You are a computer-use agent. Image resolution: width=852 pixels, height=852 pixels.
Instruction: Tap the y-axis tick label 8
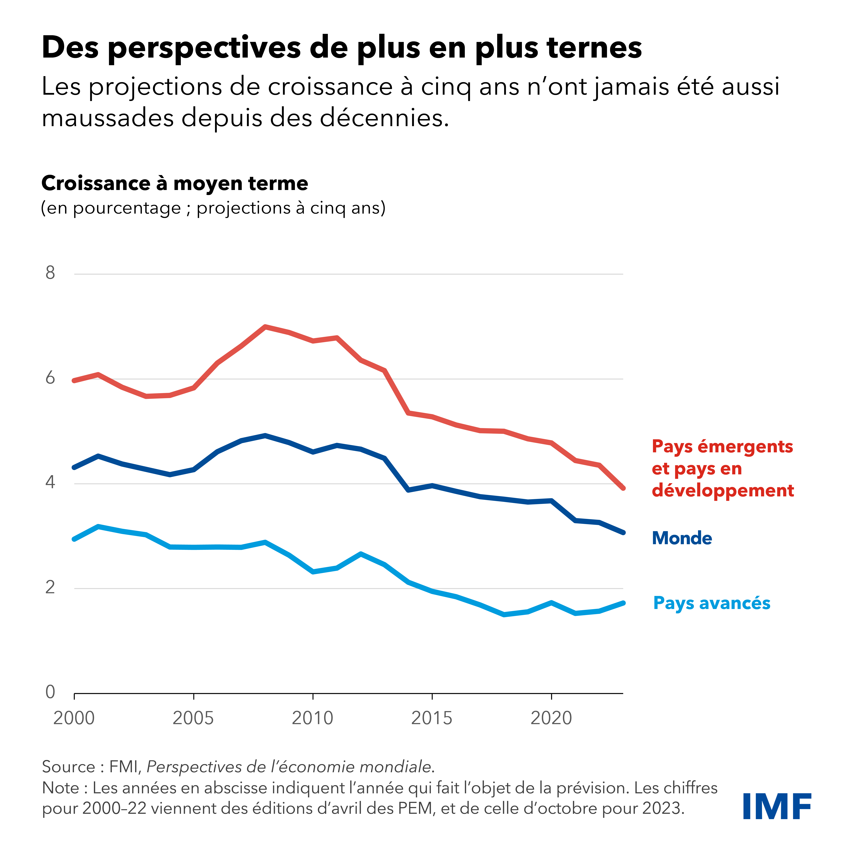click(x=50, y=273)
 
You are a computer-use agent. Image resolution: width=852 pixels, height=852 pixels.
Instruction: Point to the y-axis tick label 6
click(x=50, y=378)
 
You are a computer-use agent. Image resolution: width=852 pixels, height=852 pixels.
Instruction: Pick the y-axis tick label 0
click(x=50, y=692)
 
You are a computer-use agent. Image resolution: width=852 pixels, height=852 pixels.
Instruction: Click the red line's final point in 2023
click(x=623, y=488)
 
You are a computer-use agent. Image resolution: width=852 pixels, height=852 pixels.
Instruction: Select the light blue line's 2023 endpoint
click(x=623, y=603)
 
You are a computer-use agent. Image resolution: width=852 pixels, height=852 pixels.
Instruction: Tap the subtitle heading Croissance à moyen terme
click(x=175, y=183)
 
